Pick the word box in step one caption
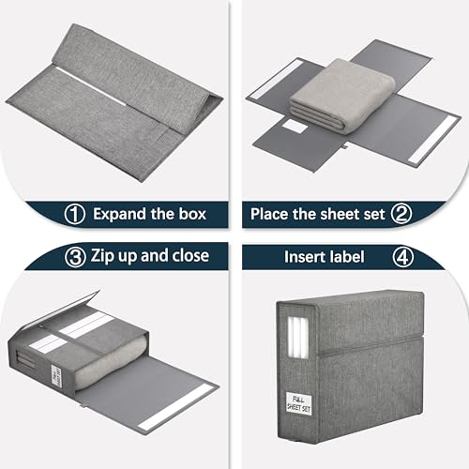(204, 214)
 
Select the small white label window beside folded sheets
(295, 125)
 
